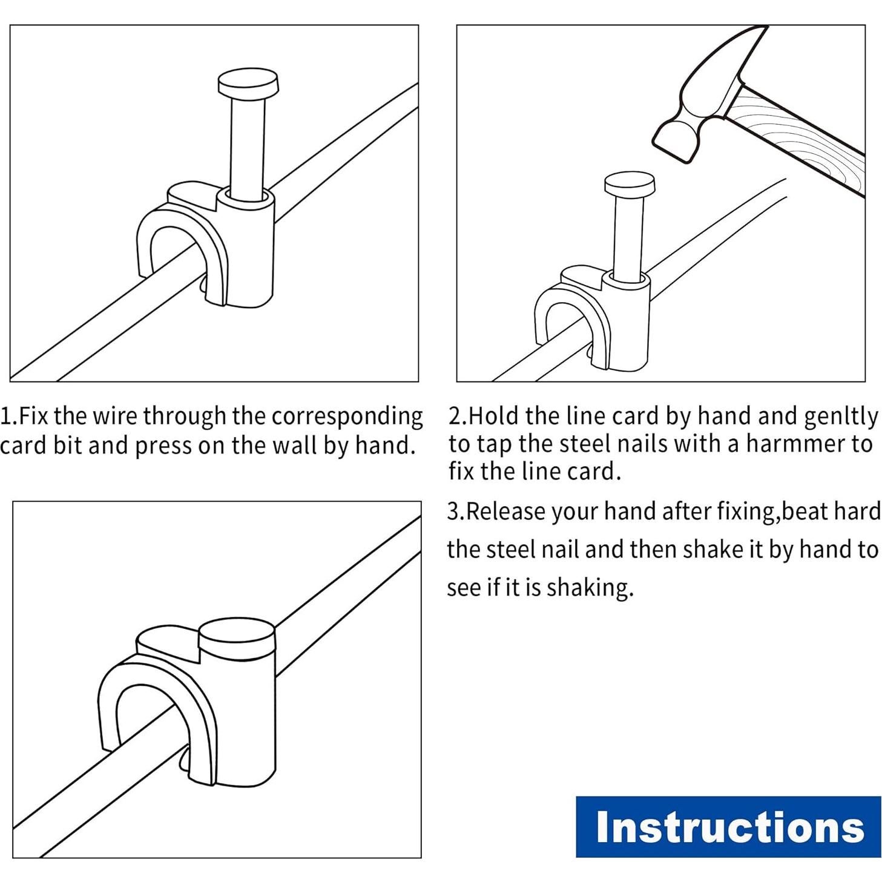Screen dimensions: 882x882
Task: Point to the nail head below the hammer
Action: [x=630, y=185]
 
